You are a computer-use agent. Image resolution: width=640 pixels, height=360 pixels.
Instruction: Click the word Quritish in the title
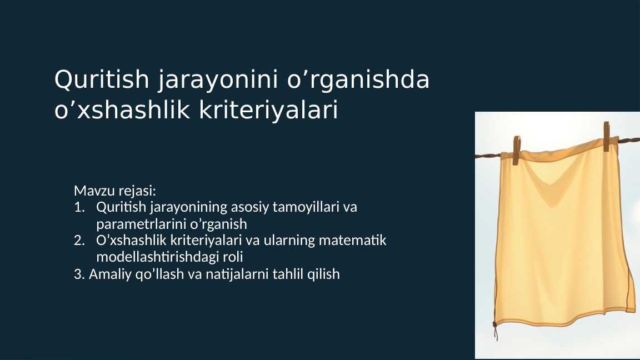(x=102, y=79)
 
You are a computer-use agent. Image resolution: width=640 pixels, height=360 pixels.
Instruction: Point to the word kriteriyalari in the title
(x=268, y=110)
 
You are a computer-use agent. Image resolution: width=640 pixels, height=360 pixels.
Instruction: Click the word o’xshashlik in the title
(x=122, y=110)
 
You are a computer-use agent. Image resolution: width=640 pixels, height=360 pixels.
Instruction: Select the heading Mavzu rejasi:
(x=115, y=191)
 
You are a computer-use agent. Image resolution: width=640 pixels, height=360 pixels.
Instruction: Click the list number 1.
(x=79, y=207)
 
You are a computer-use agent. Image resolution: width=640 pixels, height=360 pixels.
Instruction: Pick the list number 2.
(x=79, y=241)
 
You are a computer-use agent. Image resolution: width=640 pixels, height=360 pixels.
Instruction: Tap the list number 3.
(x=79, y=274)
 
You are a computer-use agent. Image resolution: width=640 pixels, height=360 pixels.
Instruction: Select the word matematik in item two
(x=352, y=241)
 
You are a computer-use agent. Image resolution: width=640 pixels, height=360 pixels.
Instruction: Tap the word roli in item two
(x=233, y=257)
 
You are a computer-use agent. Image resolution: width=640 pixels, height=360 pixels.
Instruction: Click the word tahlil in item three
(x=288, y=274)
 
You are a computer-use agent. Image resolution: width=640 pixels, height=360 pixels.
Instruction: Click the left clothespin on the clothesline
(x=516, y=150)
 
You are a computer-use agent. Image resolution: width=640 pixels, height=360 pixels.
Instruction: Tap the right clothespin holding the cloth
(x=607, y=136)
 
